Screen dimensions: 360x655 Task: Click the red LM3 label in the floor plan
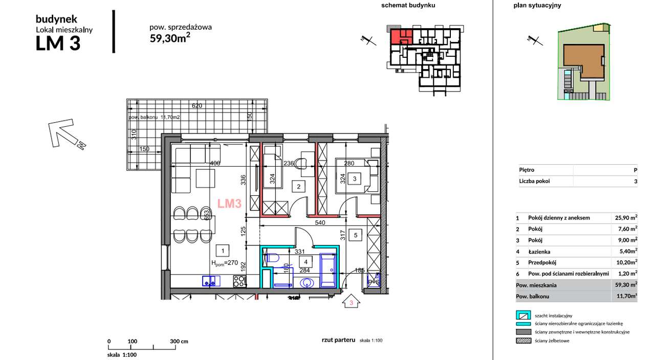pyautogui.click(x=229, y=204)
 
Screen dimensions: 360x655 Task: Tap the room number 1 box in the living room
pyautogui.click(x=222, y=251)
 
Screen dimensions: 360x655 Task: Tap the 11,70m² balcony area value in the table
pyautogui.click(x=626, y=296)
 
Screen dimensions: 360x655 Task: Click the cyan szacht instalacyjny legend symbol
pyautogui.click(x=523, y=316)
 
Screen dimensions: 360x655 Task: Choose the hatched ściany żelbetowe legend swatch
pyautogui.click(x=523, y=341)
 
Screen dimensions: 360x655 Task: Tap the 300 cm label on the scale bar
pyautogui.click(x=179, y=341)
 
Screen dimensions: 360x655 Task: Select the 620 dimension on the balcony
pyautogui.click(x=197, y=106)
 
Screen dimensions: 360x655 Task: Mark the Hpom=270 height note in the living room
pyautogui.click(x=225, y=263)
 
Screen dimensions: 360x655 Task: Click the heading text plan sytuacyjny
pyautogui.click(x=537, y=6)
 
